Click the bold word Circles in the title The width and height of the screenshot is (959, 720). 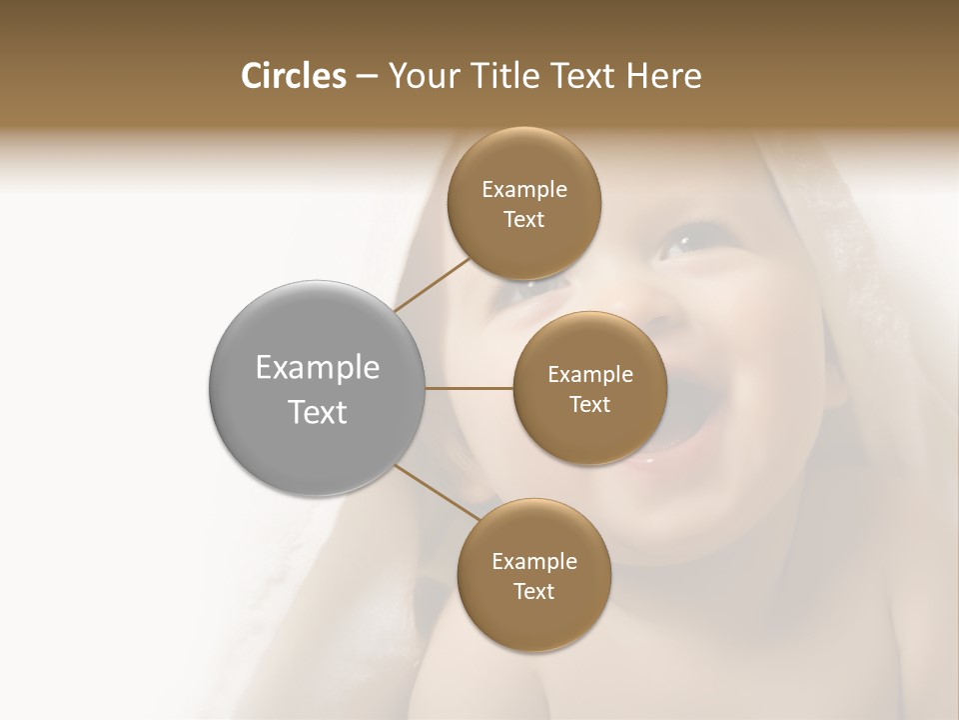[294, 76]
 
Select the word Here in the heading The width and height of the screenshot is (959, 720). [663, 76]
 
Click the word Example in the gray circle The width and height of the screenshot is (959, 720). [318, 368]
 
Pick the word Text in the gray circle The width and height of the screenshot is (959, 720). [318, 412]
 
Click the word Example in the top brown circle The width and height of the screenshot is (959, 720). [524, 190]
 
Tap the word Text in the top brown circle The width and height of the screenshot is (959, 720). [524, 220]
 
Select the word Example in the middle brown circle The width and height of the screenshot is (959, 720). [590, 375]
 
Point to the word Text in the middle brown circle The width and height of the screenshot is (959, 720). [590, 405]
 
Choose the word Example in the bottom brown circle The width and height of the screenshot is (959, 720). [534, 562]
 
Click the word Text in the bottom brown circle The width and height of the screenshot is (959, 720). [534, 592]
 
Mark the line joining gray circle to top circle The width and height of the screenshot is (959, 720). [432, 285]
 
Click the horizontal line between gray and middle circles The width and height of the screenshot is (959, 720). [470, 388]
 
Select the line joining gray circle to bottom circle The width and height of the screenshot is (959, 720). [437, 493]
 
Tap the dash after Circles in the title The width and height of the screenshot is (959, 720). [366, 76]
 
